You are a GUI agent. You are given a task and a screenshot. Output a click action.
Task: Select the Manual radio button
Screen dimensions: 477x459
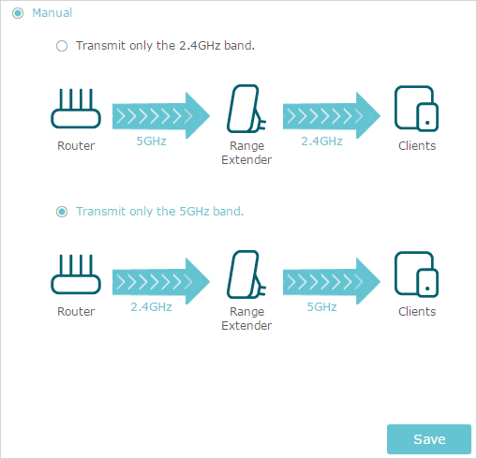[x=18, y=13]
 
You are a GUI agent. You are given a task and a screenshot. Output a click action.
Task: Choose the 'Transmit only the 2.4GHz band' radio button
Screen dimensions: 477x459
[x=62, y=46]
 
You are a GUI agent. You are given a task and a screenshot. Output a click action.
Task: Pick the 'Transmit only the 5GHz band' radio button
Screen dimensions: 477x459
[x=62, y=212]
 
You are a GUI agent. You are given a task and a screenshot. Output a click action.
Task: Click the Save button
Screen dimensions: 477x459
[x=429, y=439]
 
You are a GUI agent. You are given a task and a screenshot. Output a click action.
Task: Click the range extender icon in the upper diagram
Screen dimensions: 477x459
[x=246, y=109]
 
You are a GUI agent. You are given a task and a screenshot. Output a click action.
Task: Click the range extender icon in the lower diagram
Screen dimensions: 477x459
[x=246, y=274]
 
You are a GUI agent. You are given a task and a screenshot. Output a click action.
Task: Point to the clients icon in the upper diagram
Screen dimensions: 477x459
[x=416, y=109]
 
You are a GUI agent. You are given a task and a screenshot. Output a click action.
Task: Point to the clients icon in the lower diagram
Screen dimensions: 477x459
[x=416, y=274]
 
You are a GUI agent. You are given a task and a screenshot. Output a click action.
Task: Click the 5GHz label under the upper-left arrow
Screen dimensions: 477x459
[x=151, y=141]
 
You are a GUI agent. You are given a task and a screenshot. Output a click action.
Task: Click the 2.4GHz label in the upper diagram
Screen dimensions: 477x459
[x=321, y=141]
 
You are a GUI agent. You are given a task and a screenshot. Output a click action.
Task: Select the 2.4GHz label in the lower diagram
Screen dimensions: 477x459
[x=151, y=307]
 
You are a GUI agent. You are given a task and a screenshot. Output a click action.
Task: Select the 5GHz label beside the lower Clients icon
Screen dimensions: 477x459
[x=321, y=307]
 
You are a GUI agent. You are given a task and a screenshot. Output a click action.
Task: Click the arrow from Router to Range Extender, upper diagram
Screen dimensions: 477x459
[x=161, y=115]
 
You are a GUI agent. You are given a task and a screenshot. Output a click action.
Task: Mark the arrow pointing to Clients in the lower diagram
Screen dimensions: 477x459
[x=332, y=281]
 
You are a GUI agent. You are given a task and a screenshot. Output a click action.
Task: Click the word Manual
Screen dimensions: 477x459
[x=52, y=13]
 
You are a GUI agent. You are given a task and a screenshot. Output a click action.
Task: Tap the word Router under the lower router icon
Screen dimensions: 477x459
[x=76, y=312]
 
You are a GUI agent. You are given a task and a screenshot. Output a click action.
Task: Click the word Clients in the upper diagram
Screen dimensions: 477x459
[x=417, y=146]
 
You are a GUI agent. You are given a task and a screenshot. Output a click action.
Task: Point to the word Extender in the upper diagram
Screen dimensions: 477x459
[x=246, y=160]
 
